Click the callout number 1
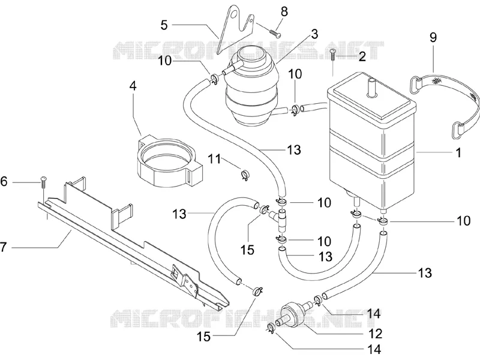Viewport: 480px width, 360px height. click(x=458, y=152)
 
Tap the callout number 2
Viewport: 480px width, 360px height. click(x=362, y=56)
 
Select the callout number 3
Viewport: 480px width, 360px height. click(x=314, y=34)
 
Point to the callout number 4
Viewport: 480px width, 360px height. click(x=133, y=86)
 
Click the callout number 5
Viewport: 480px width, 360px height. click(x=164, y=25)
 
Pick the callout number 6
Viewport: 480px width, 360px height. click(x=4, y=182)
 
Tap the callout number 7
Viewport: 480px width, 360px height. click(x=3, y=247)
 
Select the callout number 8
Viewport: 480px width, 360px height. click(x=284, y=12)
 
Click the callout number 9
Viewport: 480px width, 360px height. click(x=433, y=38)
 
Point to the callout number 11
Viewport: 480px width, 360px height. click(x=214, y=159)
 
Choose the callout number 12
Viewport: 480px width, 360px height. click(x=376, y=334)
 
